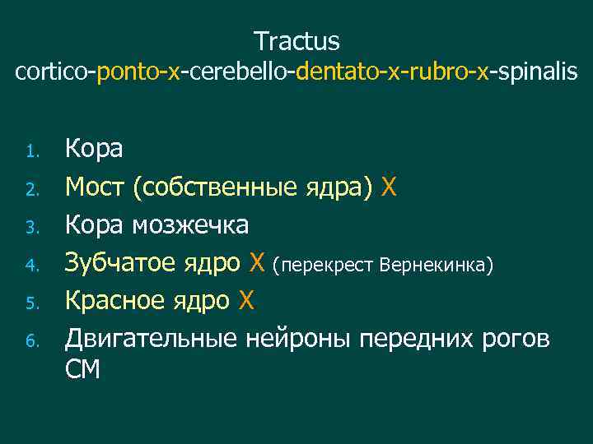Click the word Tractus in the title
click(x=296, y=40)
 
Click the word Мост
click(x=95, y=187)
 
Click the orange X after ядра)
click(x=390, y=187)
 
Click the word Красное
click(x=116, y=301)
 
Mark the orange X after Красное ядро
click(x=246, y=301)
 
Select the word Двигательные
click(x=152, y=339)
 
